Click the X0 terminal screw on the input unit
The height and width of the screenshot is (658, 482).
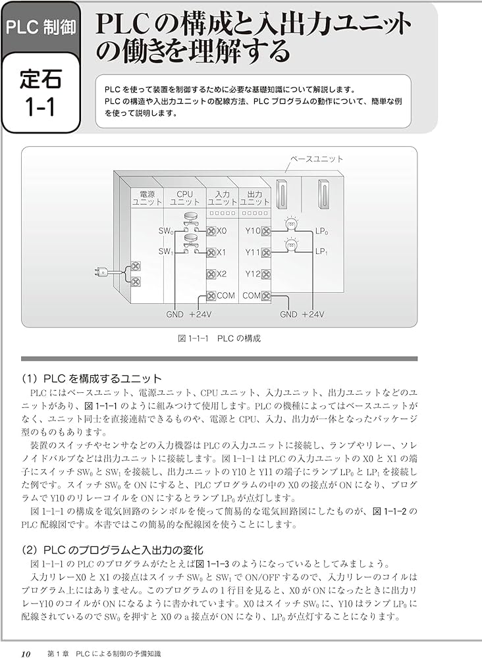[211, 232]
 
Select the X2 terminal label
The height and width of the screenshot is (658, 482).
[221, 274]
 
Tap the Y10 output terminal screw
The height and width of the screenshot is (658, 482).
[266, 232]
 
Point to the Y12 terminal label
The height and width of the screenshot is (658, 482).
[253, 274]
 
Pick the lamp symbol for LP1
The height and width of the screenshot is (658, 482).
[291, 246]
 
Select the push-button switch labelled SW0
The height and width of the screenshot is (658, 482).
[191, 220]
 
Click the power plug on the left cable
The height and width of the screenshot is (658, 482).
[99, 272]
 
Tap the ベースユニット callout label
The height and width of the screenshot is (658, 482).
[317, 159]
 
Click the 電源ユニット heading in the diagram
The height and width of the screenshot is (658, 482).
[143, 198]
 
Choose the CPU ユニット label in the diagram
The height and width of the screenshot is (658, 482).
[184, 198]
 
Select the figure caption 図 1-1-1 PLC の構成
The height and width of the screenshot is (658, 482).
[219, 338]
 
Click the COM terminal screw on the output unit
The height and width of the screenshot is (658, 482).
[266, 296]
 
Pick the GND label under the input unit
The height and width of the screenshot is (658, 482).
[174, 315]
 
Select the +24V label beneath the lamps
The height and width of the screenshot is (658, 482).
[311, 315]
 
